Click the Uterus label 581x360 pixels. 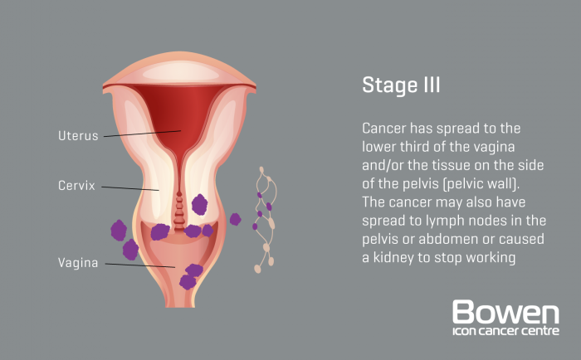[78, 134]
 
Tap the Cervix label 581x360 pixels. [76, 185]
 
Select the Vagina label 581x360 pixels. [78, 263]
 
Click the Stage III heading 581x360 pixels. [401, 85]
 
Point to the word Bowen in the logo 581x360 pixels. [505, 314]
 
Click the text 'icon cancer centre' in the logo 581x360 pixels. [505, 333]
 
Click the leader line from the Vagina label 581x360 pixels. [141, 265]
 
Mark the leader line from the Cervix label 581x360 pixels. [130, 187]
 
